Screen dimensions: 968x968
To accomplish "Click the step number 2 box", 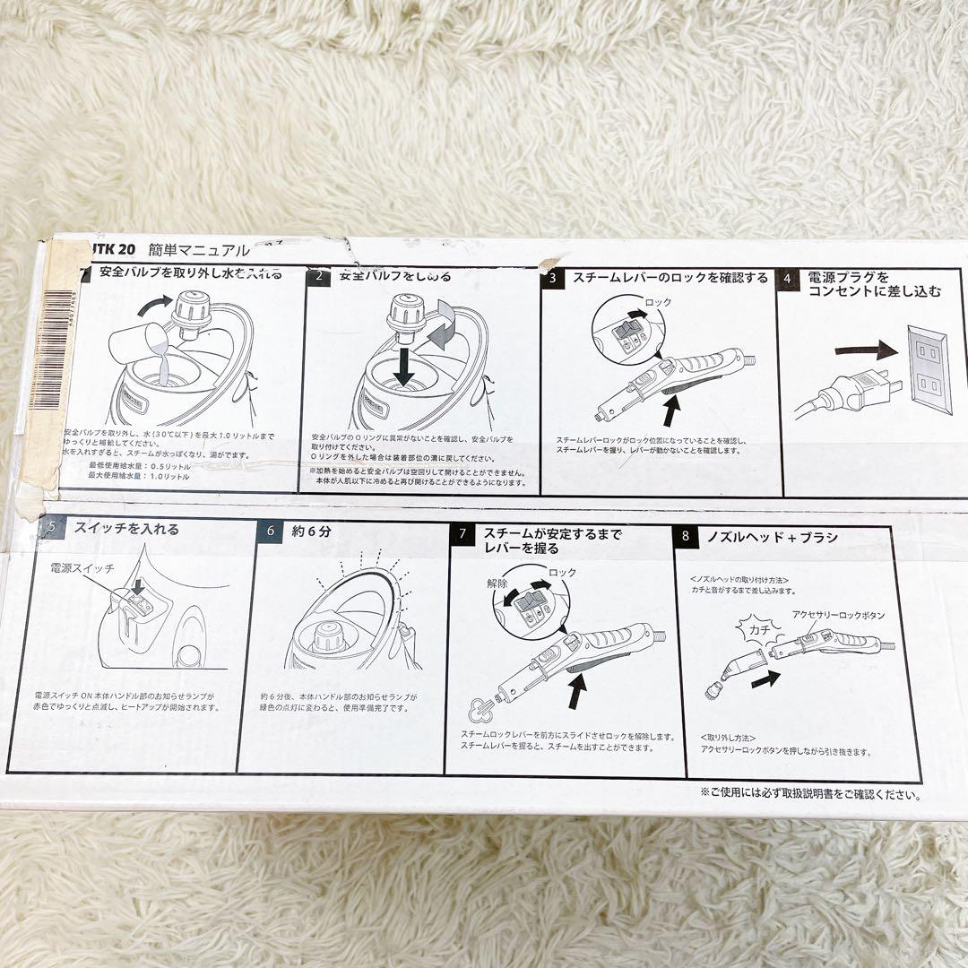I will coord(318,278).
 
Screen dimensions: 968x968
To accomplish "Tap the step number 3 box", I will coord(553,278).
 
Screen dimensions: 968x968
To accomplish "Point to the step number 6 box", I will coord(270,531).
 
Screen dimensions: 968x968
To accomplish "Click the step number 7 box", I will coord(462,534).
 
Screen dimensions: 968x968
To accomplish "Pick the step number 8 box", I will coord(686,537).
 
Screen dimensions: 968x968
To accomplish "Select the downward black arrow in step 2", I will coord(404,367).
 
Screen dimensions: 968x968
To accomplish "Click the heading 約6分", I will coord(311,531).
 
